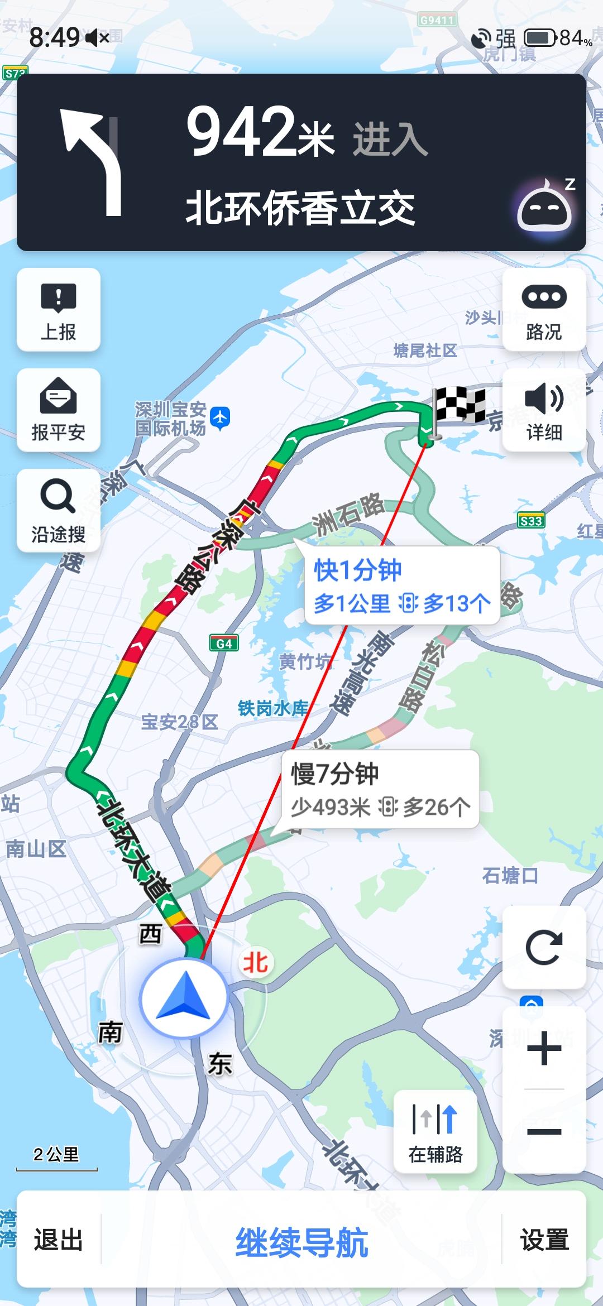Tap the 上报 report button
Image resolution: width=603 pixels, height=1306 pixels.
click(x=59, y=310)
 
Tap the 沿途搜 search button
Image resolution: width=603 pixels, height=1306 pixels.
click(x=59, y=511)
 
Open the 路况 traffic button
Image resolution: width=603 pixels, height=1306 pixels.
click(x=544, y=310)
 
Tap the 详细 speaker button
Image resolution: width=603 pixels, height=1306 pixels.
click(x=544, y=410)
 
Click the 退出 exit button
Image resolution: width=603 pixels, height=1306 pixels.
click(x=59, y=1240)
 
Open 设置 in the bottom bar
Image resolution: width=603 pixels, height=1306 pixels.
click(x=544, y=1240)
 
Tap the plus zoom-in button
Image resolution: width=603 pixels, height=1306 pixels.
click(x=544, y=1048)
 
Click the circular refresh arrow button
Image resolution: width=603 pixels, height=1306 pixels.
click(x=544, y=948)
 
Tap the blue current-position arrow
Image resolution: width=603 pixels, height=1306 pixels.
click(x=184, y=997)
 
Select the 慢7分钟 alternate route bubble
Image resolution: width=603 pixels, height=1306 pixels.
click(x=380, y=789)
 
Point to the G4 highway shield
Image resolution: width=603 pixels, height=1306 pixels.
click(x=224, y=644)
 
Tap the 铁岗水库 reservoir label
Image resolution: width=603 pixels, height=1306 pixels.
click(x=273, y=708)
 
